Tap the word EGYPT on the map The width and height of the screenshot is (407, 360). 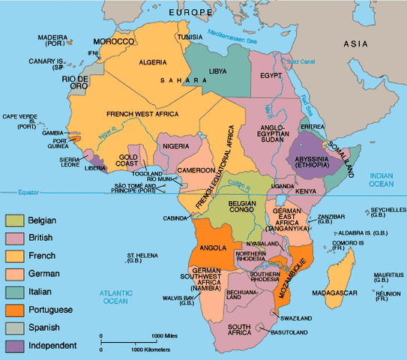point(271,76)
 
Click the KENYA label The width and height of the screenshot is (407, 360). point(306,192)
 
